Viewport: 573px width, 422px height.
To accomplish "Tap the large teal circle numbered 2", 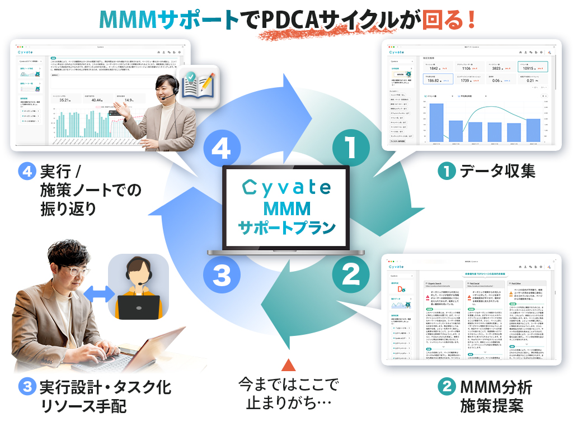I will (x=350, y=274).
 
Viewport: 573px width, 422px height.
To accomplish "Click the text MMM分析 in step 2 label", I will (x=495, y=386).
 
